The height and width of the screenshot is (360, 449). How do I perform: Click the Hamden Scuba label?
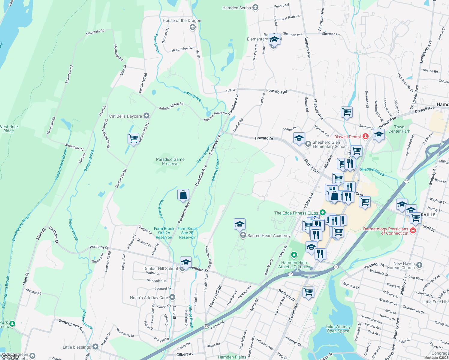[237, 8]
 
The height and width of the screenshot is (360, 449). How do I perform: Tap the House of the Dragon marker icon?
[192, 27]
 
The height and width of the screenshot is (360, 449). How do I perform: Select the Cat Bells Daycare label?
[125, 116]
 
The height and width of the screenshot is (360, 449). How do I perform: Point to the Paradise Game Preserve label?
[170, 161]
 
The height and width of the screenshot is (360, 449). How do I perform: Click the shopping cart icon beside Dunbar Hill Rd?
[133, 139]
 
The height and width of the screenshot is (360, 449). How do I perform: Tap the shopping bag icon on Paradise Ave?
[183, 195]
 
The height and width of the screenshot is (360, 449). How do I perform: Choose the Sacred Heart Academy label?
[269, 235]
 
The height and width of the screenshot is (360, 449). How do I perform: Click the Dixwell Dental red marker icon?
[366, 136]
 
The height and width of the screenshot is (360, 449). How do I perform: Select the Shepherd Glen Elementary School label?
[330, 144]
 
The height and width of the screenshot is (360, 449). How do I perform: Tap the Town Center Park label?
[399, 129]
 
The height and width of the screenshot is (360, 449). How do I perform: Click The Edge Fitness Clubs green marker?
[323, 213]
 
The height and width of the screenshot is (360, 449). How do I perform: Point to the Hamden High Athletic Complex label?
[294, 265]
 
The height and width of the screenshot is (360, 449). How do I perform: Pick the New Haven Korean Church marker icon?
[419, 265]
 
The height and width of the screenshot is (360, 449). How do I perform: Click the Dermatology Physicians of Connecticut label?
[386, 231]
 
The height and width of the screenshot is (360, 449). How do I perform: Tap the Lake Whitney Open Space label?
[338, 329]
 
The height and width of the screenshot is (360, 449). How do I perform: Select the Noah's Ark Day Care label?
[149, 298]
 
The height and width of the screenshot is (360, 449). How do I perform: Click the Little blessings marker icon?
[95, 347]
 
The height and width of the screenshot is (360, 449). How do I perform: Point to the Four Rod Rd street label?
[277, 91]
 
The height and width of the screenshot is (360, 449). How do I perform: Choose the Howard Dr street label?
[264, 138]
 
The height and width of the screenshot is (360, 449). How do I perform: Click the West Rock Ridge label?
[9, 129]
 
